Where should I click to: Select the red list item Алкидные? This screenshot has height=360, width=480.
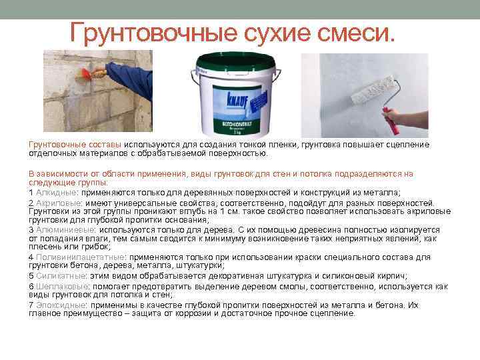tap(55, 192)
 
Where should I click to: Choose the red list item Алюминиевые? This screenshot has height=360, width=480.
tap(61, 229)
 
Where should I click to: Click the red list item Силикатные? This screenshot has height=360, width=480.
tap(57, 275)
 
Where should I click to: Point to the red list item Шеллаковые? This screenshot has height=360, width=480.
tap(57, 286)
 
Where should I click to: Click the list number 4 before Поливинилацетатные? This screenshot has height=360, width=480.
tap(31, 257)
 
